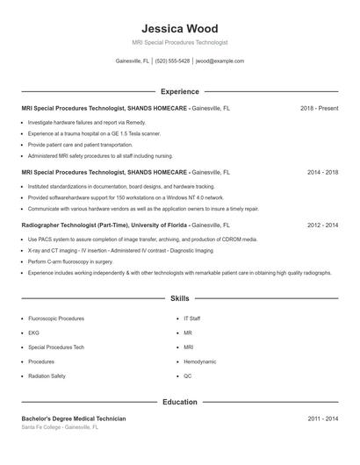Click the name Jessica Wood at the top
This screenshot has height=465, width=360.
[179, 28]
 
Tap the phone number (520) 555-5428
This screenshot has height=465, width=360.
[173, 61]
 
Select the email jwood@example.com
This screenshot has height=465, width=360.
[220, 61]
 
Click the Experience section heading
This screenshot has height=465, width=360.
[179, 91]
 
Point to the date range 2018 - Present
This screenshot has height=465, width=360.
[319, 108]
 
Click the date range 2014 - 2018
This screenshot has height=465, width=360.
[322, 173]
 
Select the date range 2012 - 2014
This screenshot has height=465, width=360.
[322, 225]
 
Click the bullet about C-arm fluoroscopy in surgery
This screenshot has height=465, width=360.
[70, 261]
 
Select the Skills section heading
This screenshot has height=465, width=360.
[179, 298]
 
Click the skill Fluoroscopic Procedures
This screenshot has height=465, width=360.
[56, 319]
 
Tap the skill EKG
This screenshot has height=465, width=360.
[33, 333]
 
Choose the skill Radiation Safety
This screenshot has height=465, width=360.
[47, 376]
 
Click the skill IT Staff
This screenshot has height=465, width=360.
[192, 319]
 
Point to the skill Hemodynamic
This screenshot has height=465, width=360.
[199, 361]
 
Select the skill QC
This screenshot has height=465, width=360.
[188, 376]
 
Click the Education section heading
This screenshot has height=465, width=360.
[179, 402]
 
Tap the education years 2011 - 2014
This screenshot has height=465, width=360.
[322, 418]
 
